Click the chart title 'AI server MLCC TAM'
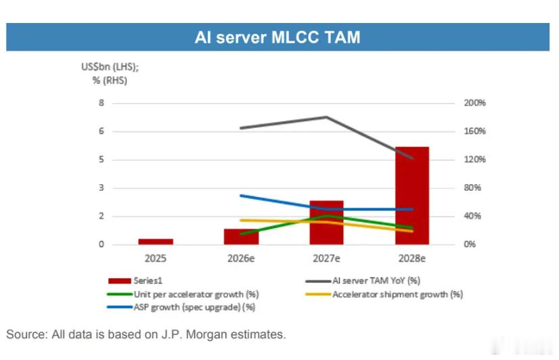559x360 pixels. pos(277,37)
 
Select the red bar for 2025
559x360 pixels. pos(156,242)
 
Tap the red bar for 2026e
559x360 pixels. pos(242,237)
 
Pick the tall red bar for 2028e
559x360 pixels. pos(412,196)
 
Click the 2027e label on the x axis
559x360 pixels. pos(326,258)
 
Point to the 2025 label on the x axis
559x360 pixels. pos(156,258)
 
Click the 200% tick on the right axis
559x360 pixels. pos(474,103)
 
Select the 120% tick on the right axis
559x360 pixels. pos(474,159)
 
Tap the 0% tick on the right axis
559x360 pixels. pos(470,244)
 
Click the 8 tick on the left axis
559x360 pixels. pos(102,103)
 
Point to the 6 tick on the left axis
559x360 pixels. pos(102,131)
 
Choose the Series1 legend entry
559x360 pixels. pos(135,281)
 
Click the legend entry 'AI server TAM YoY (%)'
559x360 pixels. pos(363,281)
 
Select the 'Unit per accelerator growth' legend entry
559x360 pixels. pos(183,294)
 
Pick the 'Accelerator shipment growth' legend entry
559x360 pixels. pos(384,294)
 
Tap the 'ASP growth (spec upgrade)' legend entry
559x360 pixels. pos(181,307)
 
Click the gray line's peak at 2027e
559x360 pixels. pos(326,117)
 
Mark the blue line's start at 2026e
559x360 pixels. pos(242,196)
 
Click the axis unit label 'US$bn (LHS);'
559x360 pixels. pos(110,66)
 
